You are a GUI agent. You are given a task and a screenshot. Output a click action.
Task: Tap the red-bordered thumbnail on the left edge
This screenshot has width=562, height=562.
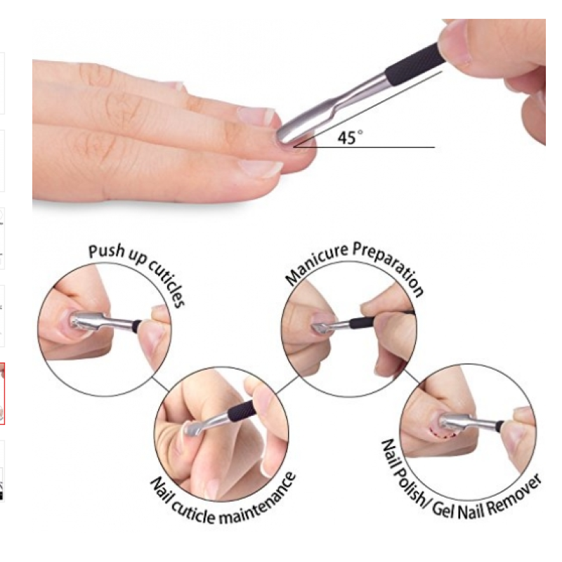click(2, 393)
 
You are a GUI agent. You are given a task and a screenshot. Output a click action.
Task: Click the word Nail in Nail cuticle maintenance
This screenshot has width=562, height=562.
click(161, 487)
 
